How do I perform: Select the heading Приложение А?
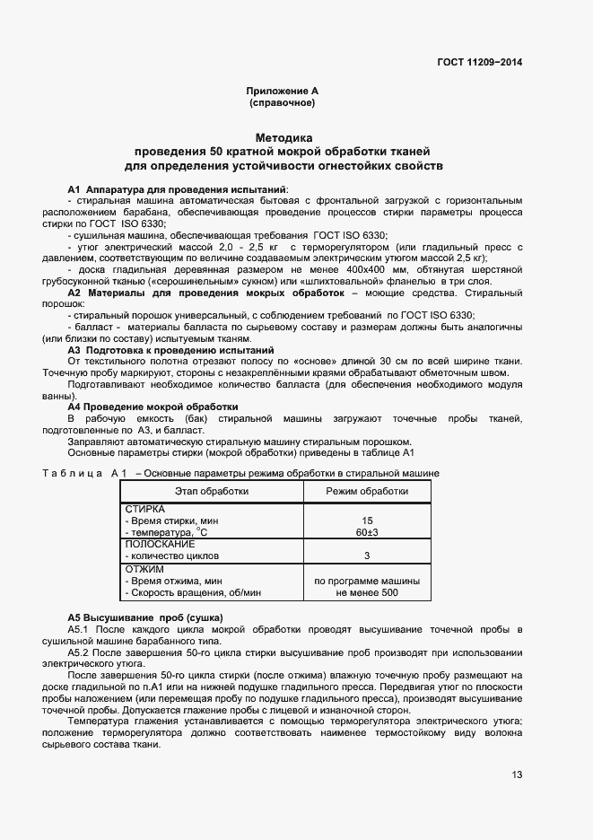[x=282, y=92]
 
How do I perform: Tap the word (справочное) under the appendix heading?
[x=282, y=103]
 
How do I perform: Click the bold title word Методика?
[x=283, y=138]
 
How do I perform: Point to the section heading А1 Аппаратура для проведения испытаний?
[x=178, y=189]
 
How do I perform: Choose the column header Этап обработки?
[x=212, y=491]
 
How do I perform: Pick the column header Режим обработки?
[x=367, y=491]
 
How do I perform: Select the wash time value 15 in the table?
[x=367, y=521]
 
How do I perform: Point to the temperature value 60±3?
[x=367, y=532]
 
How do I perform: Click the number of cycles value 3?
[x=367, y=556]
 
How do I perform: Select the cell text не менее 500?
[x=367, y=592]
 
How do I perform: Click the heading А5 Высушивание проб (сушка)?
[x=144, y=618]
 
